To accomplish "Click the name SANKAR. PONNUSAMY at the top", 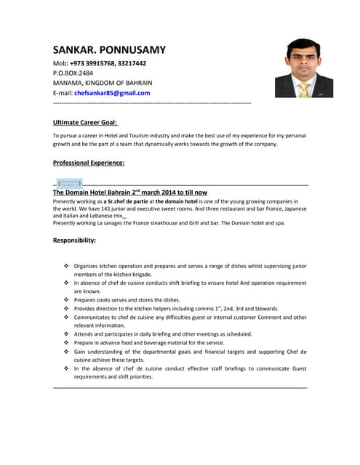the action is pos(109,50).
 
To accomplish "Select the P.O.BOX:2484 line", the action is pos(73,73).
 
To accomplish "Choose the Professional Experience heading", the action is pos(89,163).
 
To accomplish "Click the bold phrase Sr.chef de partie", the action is pos(128,201).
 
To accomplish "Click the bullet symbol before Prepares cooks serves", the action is pos(67,300).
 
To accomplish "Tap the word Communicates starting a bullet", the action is pos(97,318).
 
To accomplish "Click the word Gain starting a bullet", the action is pos(81,352).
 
